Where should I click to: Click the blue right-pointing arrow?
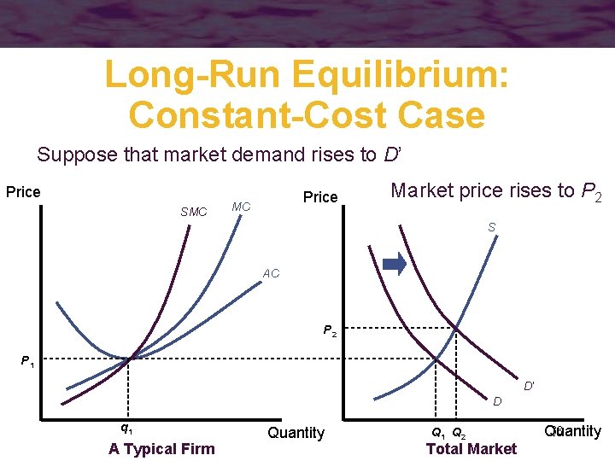395,265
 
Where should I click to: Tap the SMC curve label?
194,212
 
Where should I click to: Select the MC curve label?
241,207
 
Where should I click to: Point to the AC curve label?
271,274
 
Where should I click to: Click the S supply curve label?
492,227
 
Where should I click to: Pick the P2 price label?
330,330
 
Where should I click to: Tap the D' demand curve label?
530,386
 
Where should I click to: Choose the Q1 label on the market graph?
437,433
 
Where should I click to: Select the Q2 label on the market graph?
459,433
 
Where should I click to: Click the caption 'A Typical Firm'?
161,449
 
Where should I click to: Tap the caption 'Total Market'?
471,449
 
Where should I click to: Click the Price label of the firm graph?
23,191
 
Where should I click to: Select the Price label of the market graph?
320,197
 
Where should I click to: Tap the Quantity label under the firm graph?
296,433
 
